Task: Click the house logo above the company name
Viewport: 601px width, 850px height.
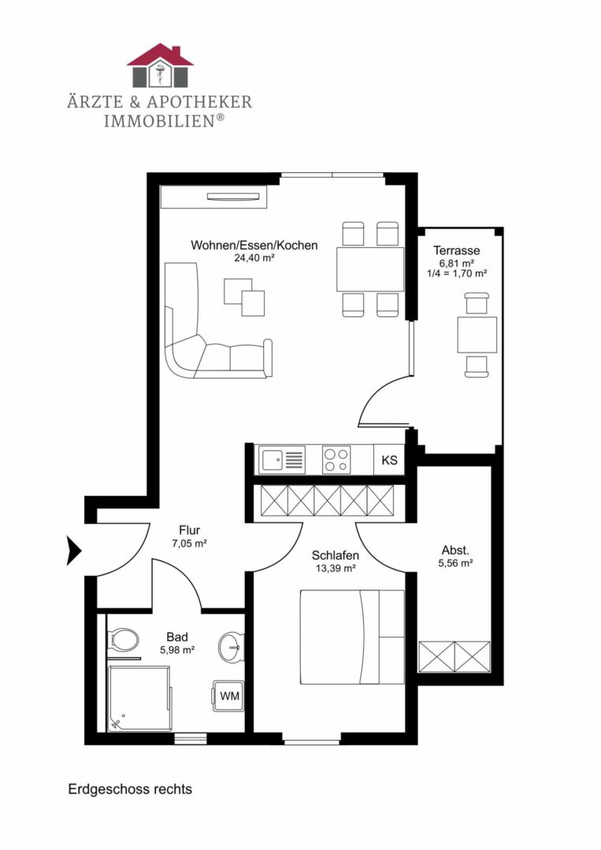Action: click(x=160, y=65)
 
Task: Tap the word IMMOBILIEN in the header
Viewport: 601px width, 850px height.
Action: click(x=160, y=120)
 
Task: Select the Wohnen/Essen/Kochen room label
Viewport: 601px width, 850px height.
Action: click(x=254, y=245)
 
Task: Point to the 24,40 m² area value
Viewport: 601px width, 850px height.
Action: click(x=254, y=258)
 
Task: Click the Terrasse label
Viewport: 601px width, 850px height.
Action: click(x=456, y=250)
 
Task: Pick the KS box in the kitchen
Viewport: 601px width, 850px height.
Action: click(x=389, y=460)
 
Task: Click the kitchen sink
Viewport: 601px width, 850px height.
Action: click(x=281, y=460)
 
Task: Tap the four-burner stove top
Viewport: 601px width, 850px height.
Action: click(x=336, y=460)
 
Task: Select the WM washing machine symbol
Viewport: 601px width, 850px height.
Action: click(x=228, y=696)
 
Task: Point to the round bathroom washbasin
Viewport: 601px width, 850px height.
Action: click(x=232, y=646)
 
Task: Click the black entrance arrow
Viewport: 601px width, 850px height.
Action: click(x=74, y=551)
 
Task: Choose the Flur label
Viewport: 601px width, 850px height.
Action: click(x=189, y=530)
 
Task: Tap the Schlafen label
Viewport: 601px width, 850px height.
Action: click(x=336, y=556)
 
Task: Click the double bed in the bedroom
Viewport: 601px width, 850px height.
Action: click(x=352, y=637)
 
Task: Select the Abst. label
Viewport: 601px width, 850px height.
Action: click(x=455, y=551)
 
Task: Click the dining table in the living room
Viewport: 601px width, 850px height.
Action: click(x=370, y=269)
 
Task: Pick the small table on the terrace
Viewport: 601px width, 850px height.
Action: click(x=477, y=335)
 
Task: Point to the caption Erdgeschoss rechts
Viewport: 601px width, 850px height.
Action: click(x=130, y=789)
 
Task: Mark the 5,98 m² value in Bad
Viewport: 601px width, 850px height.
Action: click(x=177, y=649)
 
